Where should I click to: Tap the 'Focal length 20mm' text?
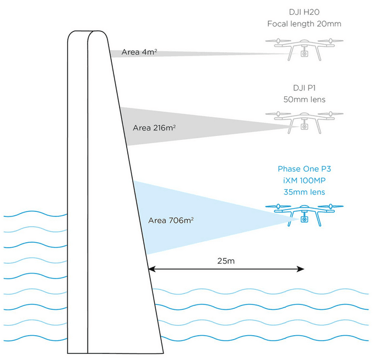coord(303,24)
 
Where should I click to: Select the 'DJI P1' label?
coord(303,88)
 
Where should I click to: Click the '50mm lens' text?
coord(303,100)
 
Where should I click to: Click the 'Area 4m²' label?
coord(140,53)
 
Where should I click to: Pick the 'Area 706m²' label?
coord(171,220)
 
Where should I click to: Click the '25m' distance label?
coord(226,260)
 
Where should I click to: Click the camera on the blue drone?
coord(303,220)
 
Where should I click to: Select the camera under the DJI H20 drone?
coord(303,54)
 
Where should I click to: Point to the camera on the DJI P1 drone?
coord(303,127)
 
